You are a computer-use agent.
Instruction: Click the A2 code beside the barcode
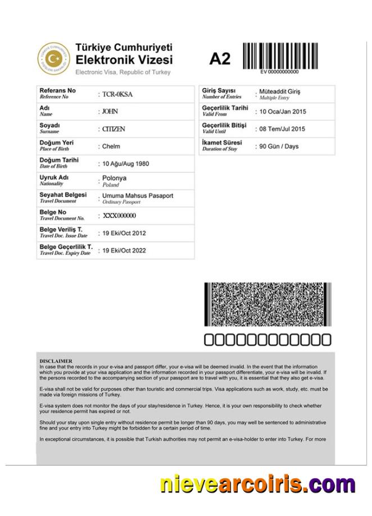click(x=220, y=59)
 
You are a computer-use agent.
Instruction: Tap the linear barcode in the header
click(x=280, y=56)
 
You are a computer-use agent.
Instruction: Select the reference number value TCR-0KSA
click(x=117, y=94)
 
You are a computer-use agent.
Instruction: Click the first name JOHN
click(x=110, y=112)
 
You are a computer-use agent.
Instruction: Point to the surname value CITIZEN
click(x=114, y=129)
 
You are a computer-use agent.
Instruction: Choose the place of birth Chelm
click(x=112, y=147)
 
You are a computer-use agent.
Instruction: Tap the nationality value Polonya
click(x=114, y=179)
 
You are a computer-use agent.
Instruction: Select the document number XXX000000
click(x=119, y=216)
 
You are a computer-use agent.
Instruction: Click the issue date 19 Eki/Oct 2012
click(x=124, y=233)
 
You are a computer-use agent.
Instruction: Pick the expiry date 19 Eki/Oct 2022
click(x=124, y=250)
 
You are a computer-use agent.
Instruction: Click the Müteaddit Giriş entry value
click(x=280, y=92)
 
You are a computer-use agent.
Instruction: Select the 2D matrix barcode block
click(x=267, y=304)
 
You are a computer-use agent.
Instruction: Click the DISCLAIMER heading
click(x=56, y=360)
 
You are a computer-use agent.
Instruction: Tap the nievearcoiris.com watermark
click(x=257, y=483)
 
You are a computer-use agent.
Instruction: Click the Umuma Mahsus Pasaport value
click(x=138, y=195)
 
